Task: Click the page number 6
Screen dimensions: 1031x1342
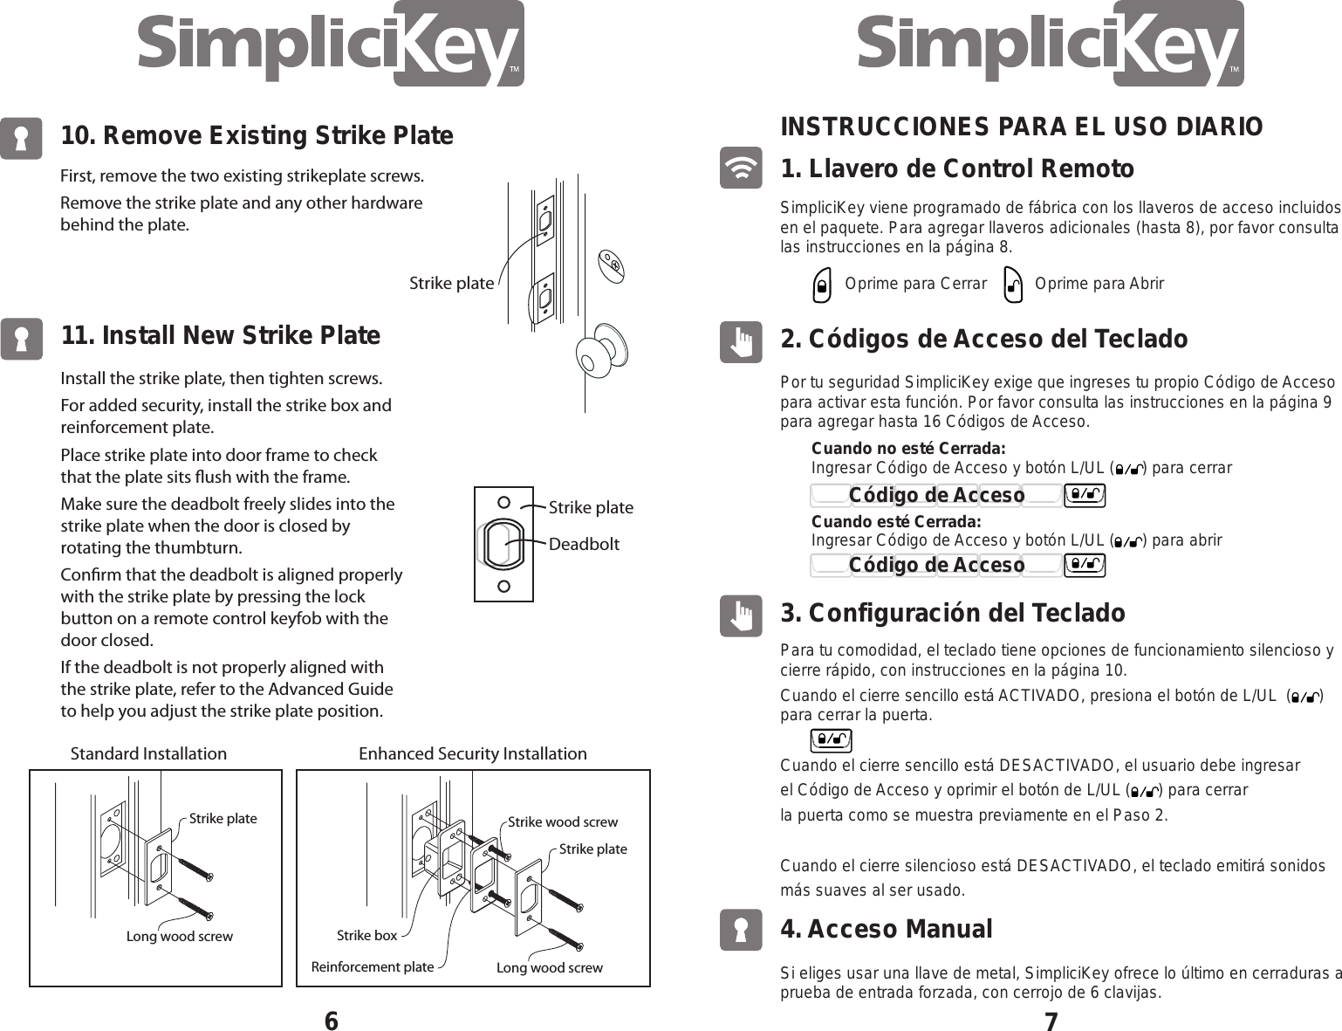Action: pos(331,1021)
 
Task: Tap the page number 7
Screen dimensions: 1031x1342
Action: pos(1051,1021)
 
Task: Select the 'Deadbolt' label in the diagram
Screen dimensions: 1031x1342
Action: pos(584,544)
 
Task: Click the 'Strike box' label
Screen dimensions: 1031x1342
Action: pos(366,935)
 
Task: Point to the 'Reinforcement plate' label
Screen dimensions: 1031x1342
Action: pos(373,966)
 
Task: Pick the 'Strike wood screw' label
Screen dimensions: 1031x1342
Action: pos(562,821)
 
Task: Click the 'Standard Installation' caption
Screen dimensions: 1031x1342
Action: pos(148,753)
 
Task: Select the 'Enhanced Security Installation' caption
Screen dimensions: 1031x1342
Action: pos(473,753)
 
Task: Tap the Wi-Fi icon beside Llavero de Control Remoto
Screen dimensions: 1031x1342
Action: pos(741,168)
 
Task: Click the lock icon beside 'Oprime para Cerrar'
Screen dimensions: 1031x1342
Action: pos(820,285)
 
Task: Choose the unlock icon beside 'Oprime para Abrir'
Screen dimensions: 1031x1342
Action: pos(1012,285)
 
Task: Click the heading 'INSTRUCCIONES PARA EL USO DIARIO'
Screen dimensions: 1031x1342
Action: pos(1021,127)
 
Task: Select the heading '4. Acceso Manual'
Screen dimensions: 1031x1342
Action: pos(886,929)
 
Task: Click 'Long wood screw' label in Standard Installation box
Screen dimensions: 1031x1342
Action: pos(180,936)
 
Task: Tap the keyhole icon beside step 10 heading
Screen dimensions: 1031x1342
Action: pos(21,138)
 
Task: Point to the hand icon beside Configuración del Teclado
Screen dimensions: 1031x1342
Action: pos(741,615)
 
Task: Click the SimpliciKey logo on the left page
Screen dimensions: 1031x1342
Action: pos(331,45)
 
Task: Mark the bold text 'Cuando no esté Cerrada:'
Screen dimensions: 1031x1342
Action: pos(908,449)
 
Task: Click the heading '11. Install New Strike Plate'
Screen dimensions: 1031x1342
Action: pos(220,336)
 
